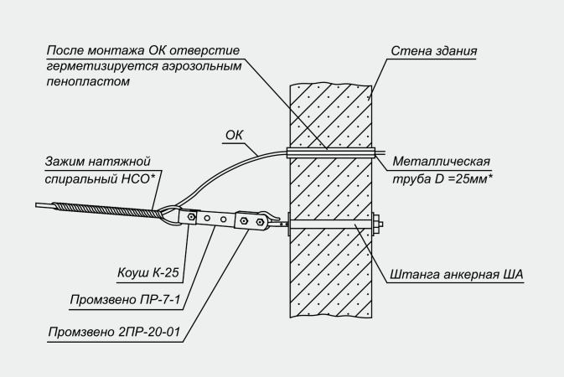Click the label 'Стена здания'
click(x=433, y=51)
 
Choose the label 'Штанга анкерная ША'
click(x=457, y=273)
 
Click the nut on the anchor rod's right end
click(x=380, y=224)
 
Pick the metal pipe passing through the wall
click(x=331, y=153)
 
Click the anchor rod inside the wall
click(x=331, y=224)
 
